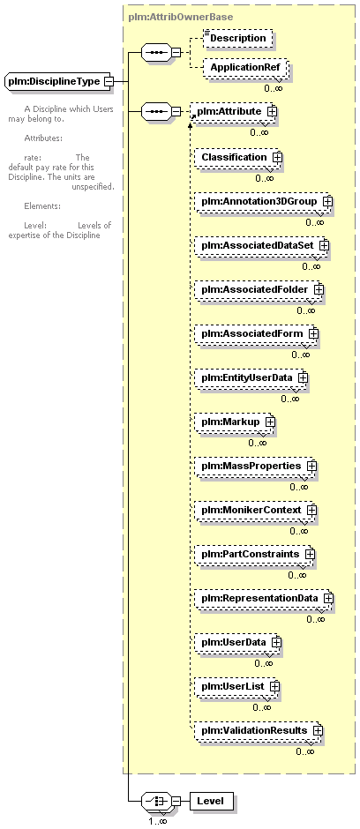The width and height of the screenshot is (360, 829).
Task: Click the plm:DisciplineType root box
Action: [x=59, y=81]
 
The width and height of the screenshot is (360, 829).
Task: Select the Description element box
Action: [x=238, y=38]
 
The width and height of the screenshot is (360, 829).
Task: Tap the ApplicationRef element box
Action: [x=244, y=68]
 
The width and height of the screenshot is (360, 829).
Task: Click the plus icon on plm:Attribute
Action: [x=272, y=111]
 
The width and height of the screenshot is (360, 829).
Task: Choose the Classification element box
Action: [x=238, y=157]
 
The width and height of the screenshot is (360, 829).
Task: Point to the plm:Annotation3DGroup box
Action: [x=264, y=201]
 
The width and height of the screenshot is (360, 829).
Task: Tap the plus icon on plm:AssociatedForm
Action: [x=313, y=333]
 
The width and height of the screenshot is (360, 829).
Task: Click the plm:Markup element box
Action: [x=235, y=422]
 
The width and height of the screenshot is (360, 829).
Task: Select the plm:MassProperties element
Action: [x=255, y=467]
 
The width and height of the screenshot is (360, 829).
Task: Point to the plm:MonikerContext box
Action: [x=255, y=511]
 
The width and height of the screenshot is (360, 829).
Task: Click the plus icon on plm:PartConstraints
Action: [x=310, y=554]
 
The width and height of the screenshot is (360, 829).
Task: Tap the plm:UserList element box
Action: [x=236, y=686]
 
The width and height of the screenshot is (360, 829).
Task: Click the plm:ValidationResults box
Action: [x=259, y=730]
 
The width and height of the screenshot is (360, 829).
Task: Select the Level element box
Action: [x=211, y=801]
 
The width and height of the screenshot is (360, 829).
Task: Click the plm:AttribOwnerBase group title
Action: [x=180, y=17]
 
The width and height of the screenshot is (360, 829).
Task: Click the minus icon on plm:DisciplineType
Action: [x=109, y=81]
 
